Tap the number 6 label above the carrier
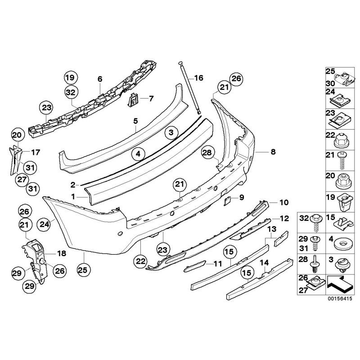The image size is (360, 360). (x=99, y=79)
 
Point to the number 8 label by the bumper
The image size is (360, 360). (x=273, y=152)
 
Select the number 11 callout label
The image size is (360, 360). (x=218, y=264)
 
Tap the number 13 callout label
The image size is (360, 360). (x=271, y=229)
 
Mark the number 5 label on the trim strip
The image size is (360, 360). (x=135, y=121)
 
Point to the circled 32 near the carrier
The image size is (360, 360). (x=71, y=92)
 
